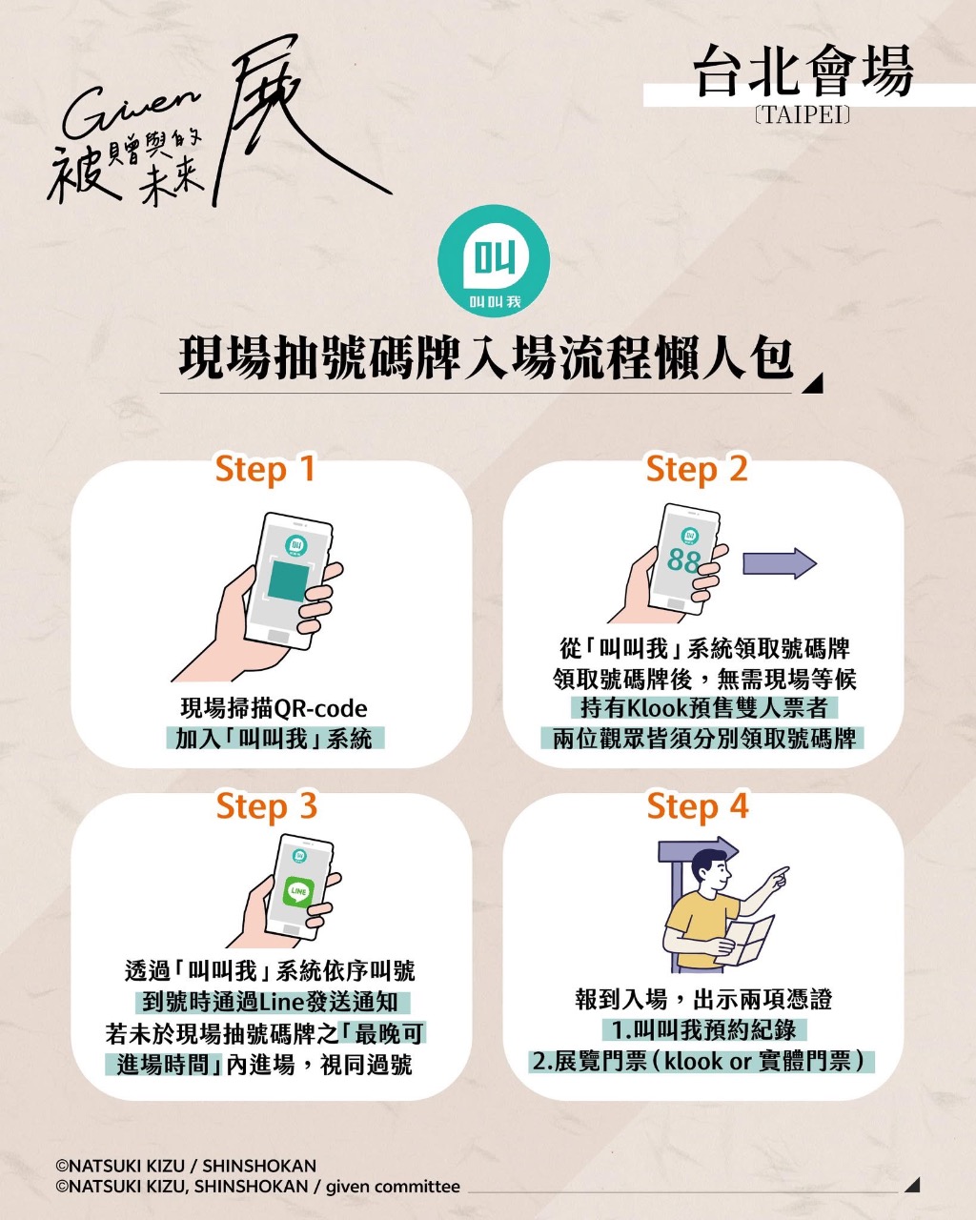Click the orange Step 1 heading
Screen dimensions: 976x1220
point(265,470)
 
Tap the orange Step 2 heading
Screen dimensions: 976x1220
point(697,470)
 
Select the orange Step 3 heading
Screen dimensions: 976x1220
point(267,807)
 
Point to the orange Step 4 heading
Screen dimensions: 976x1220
point(698,807)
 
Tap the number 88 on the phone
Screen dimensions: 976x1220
point(683,561)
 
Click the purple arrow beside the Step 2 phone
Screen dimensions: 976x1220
point(780,563)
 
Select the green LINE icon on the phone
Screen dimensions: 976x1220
point(298,891)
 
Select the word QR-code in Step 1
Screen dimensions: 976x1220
point(320,708)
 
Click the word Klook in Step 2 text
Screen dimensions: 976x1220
point(657,707)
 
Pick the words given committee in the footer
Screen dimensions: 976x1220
point(393,1186)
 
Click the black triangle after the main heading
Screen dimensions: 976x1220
point(813,384)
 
